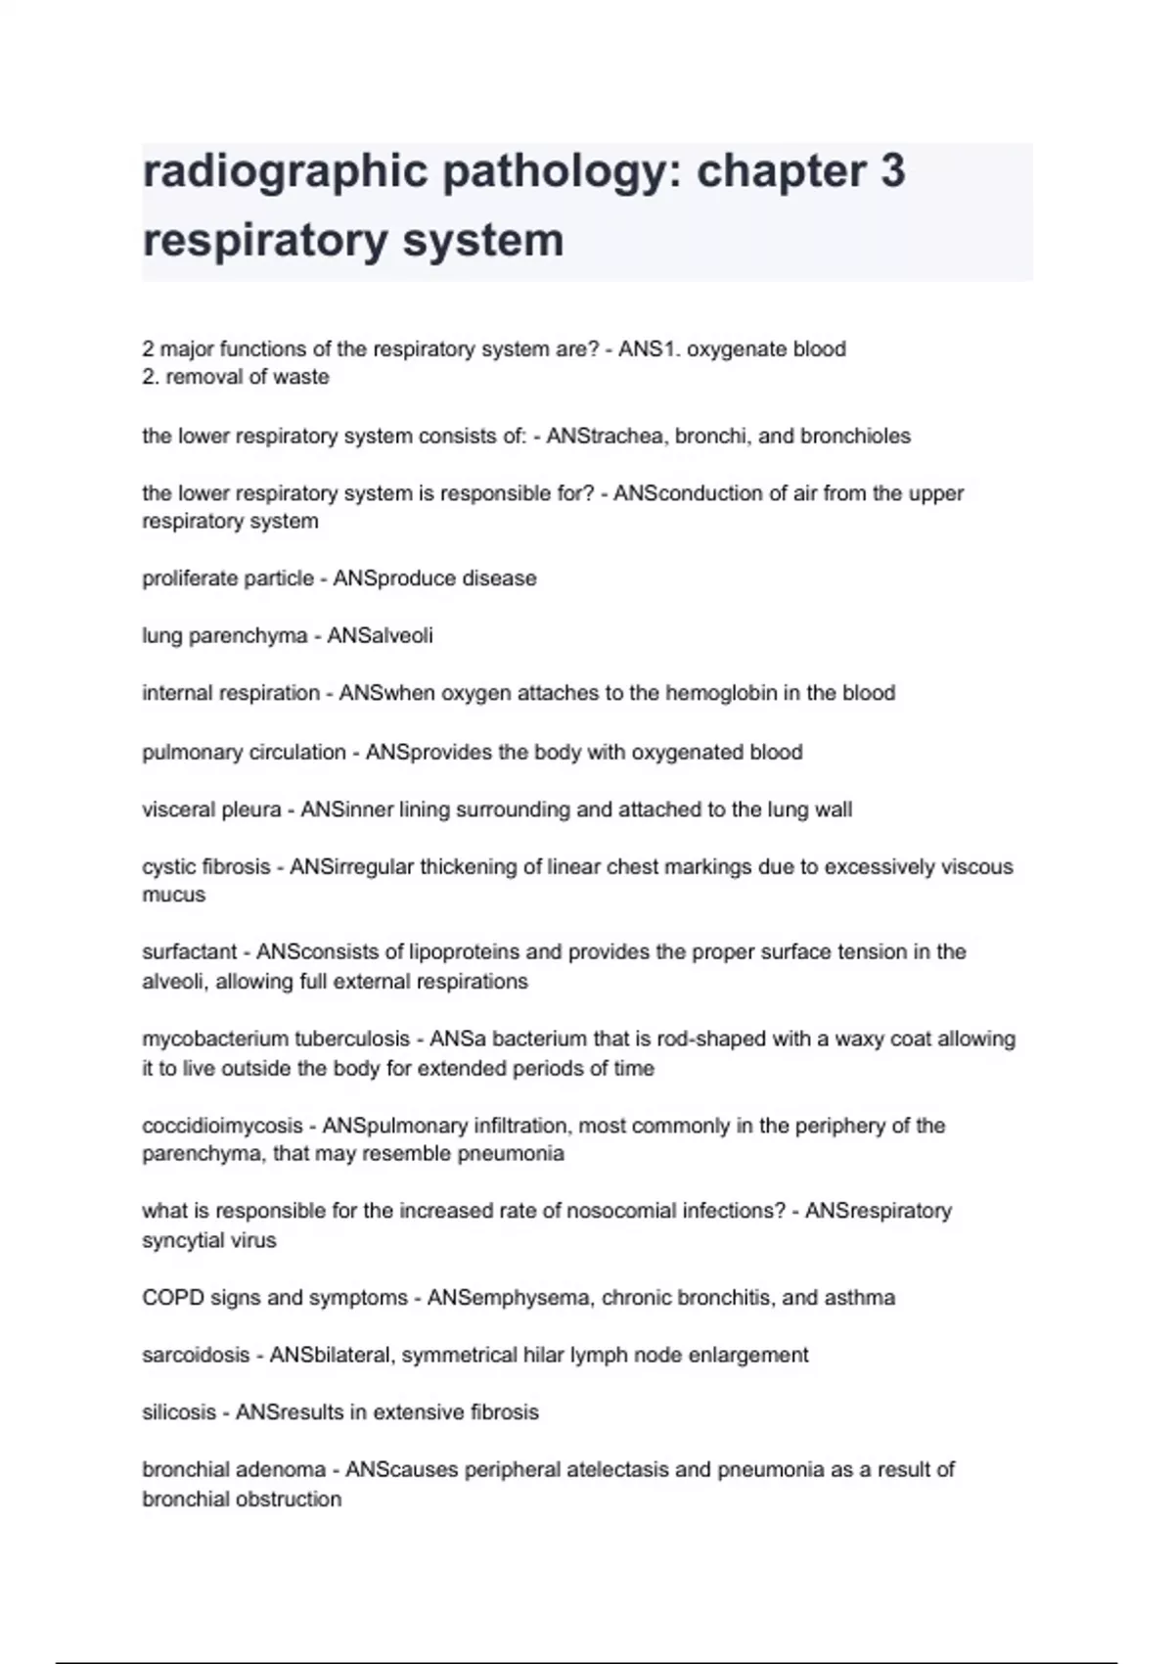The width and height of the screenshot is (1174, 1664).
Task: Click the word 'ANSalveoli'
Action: coord(380,636)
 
